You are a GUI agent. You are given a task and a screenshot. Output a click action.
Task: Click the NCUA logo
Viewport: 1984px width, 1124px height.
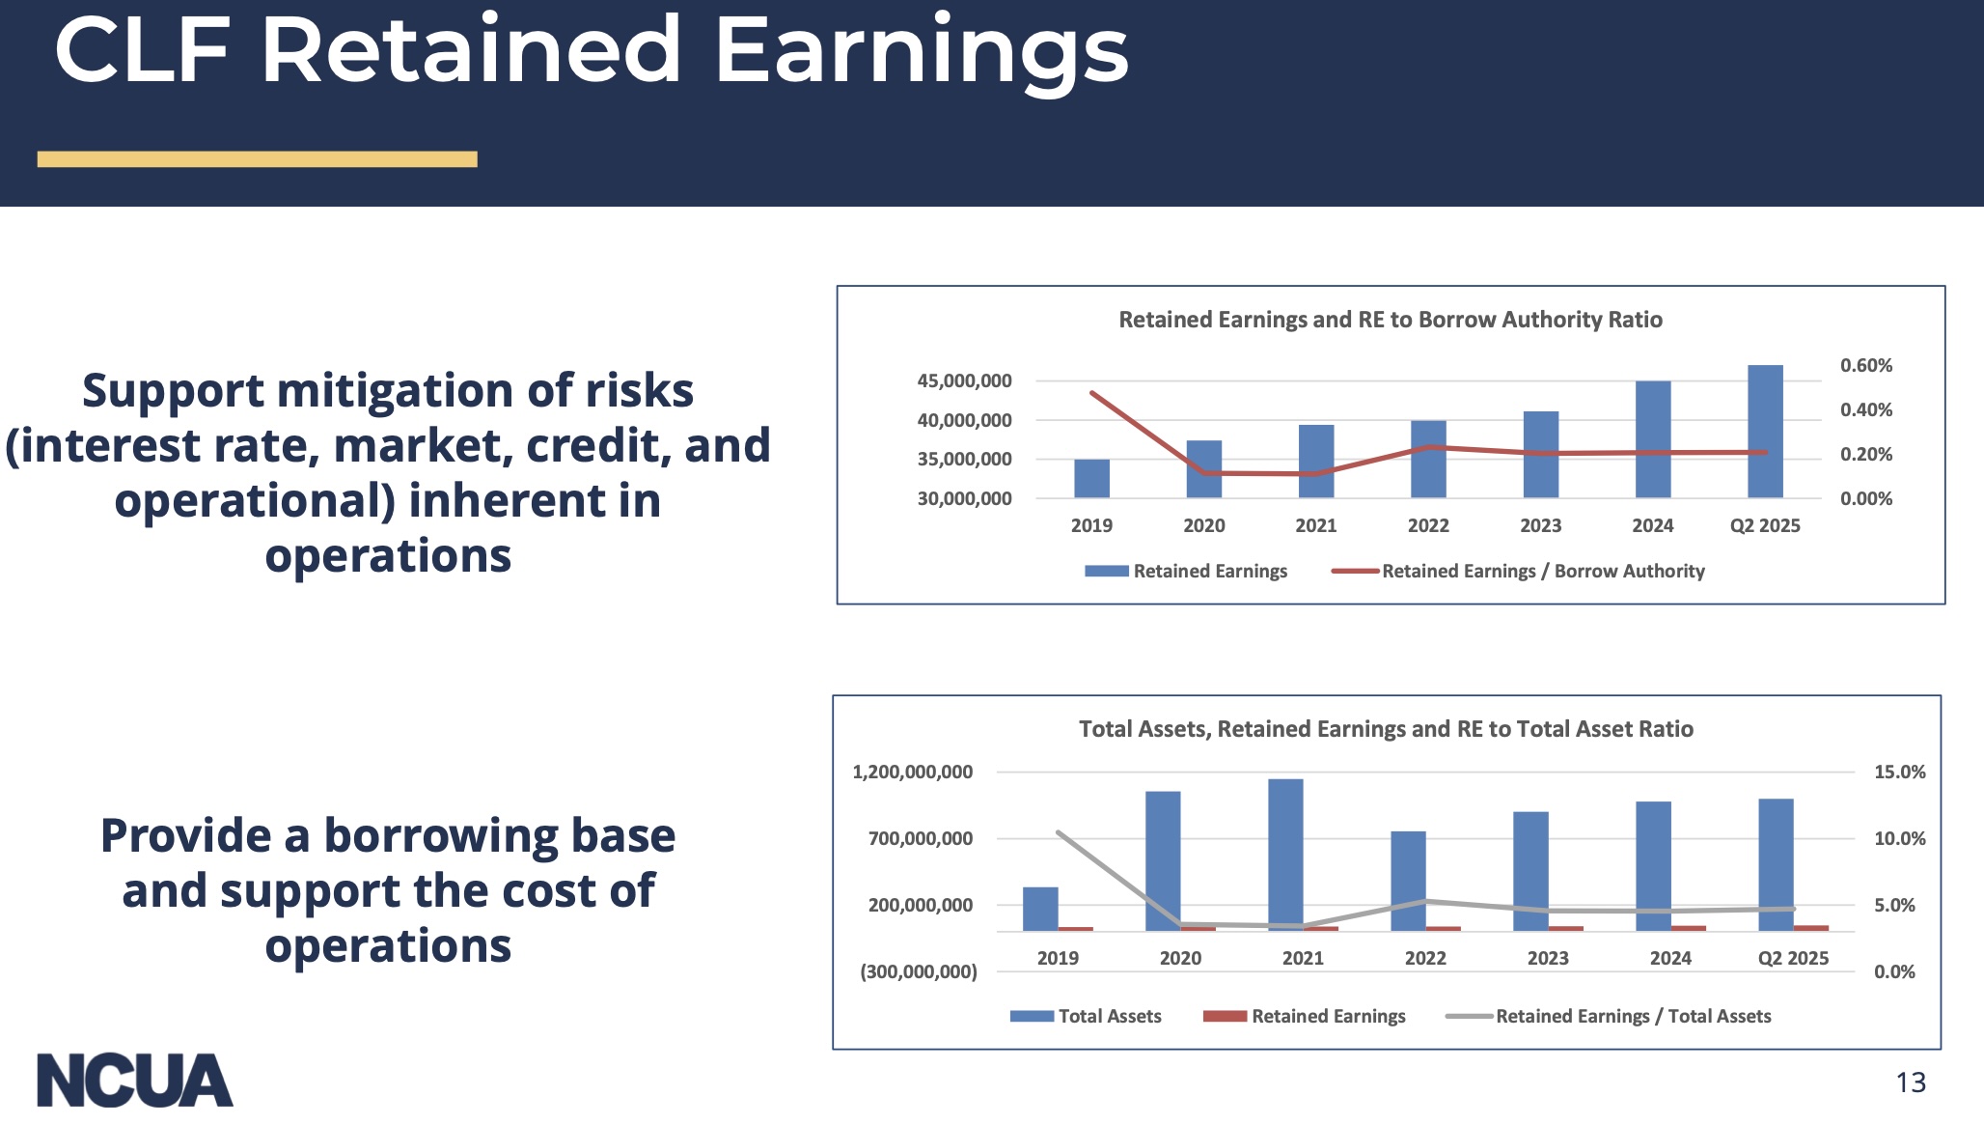[x=135, y=1081]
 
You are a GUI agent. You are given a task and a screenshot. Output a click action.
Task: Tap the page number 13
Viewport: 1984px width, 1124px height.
[x=1910, y=1082]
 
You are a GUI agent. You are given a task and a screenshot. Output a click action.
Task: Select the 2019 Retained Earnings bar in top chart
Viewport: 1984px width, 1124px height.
[x=1091, y=479]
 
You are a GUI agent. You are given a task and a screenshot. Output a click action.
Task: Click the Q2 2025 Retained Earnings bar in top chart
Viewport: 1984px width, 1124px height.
[x=1765, y=432]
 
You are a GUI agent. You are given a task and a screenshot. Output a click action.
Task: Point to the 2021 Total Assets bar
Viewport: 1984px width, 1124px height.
[x=1285, y=854]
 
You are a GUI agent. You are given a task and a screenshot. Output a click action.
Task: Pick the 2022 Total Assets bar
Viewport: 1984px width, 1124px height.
[x=1408, y=880]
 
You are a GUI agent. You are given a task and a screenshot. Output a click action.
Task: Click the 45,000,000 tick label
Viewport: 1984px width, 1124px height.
[x=964, y=381]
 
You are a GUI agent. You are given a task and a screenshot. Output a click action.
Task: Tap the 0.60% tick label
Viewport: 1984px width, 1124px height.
[x=1865, y=366]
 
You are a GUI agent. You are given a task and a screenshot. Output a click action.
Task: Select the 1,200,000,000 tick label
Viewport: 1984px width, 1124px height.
[x=912, y=773]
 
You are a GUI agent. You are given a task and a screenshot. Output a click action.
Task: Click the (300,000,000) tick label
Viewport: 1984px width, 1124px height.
[x=918, y=972]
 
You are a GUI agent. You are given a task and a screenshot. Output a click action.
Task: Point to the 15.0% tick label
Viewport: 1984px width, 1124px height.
[x=1899, y=773]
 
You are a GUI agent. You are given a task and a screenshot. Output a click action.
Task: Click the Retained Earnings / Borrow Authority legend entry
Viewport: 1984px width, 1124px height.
[x=1542, y=572]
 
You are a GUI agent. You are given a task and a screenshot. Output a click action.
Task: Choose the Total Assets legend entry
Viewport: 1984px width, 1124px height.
[x=1109, y=1017]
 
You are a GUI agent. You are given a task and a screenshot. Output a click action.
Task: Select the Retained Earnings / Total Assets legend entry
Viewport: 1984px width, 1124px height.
[x=1633, y=1017]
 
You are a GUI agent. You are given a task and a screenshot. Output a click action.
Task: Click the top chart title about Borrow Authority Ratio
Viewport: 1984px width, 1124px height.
[x=1390, y=320]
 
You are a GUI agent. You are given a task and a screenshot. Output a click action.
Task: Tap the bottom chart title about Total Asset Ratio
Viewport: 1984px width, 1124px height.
[x=1386, y=729]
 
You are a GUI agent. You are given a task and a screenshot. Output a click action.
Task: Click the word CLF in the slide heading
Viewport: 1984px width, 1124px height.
[x=143, y=50]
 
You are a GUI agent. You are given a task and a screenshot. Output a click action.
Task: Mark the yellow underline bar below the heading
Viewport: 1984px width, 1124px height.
[x=257, y=159]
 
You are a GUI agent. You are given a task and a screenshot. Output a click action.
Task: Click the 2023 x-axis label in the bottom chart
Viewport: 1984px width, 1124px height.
[x=1548, y=959]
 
